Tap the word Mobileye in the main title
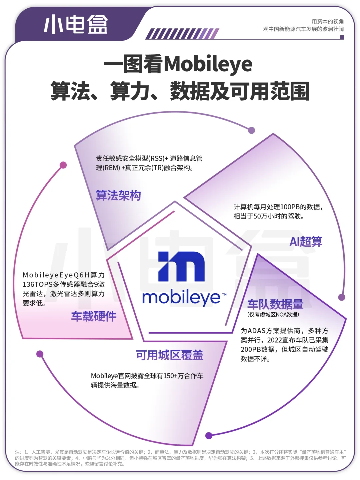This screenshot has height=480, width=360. click(x=208, y=64)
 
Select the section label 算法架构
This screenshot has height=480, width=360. click(x=118, y=195)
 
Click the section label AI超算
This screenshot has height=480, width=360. click(x=306, y=242)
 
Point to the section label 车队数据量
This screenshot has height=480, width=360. click(x=275, y=304)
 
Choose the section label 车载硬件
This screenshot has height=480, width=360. click(x=94, y=316)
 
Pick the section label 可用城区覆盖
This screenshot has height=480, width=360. click(x=169, y=355)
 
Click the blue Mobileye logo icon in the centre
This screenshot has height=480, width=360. click(x=182, y=267)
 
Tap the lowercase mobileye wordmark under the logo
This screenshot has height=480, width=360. click(x=182, y=298)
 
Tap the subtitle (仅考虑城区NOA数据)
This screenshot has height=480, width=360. click(x=273, y=314)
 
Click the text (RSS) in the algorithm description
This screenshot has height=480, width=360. click(x=156, y=158)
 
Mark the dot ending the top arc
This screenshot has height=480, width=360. click(x=252, y=130)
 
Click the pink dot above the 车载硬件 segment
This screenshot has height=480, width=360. click(x=63, y=165)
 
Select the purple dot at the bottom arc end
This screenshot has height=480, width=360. click(x=209, y=435)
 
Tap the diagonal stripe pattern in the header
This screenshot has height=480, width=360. click(x=182, y=34)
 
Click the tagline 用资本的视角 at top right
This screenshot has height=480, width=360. click(x=327, y=21)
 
